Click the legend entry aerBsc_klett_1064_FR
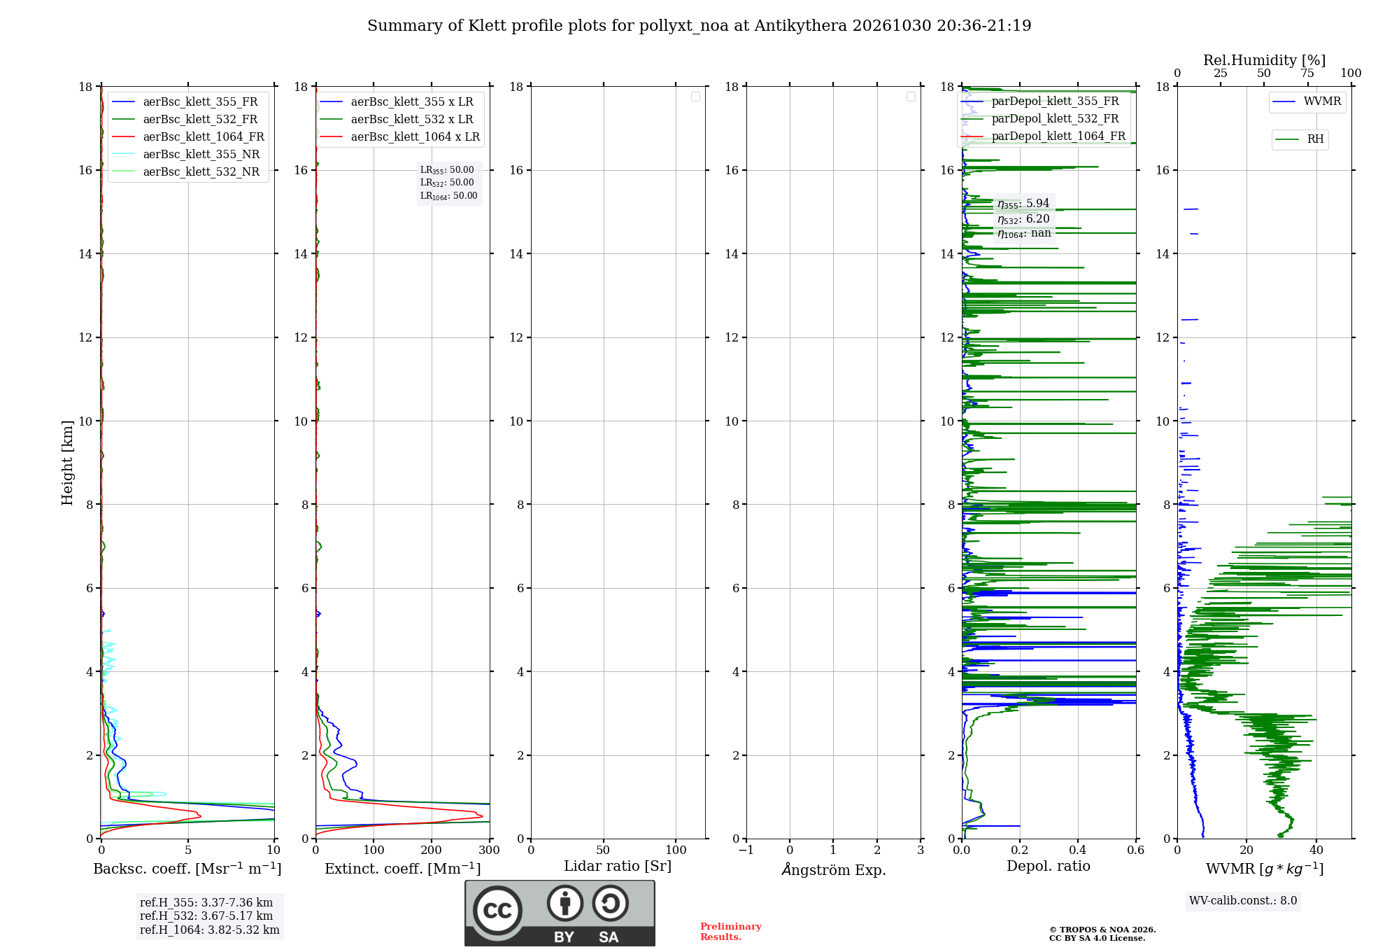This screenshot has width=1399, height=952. pyautogui.click(x=188, y=137)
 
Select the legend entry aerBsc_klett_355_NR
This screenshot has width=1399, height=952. pyautogui.click(x=186, y=155)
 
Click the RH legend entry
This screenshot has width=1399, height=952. pyautogui.click(x=1300, y=139)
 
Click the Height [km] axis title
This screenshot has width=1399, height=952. pyautogui.click(x=67, y=463)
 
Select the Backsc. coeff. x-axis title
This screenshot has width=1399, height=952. pyautogui.click(x=187, y=869)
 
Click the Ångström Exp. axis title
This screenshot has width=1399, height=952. pyautogui.click(x=834, y=869)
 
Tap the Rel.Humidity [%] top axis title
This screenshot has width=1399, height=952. pyautogui.click(x=1265, y=60)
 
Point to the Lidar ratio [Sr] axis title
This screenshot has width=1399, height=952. pyautogui.click(x=618, y=867)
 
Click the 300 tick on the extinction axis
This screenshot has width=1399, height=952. pyautogui.click(x=490, y=850)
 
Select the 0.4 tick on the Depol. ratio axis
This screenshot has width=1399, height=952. pyautogui.click(x=1078, y=850)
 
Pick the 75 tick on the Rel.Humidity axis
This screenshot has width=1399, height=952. pyautogui.click(x=1307, y=73)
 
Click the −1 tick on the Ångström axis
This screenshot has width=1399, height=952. pyautogui.click(x=746, y=850)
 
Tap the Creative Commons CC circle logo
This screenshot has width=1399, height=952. pyautogui.click(x=497, y=910)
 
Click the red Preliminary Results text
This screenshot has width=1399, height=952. pyautogui.click(x=731, y=932)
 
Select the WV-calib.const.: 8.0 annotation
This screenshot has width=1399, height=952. pyautogui.click(x=1243, y=901)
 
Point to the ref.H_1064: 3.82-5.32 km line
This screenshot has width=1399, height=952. pyautogui.click(x=210, y=930)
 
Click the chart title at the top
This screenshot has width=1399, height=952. pyautogui.click(x=699, y=26)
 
